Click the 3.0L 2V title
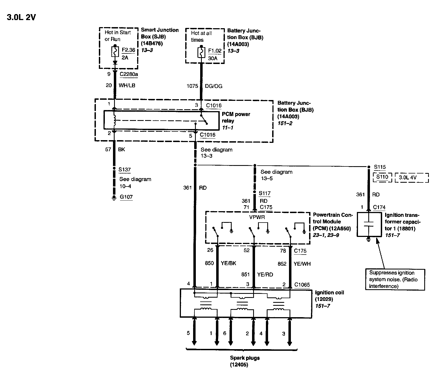(x=21, y=17)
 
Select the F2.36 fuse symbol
(x=115, y=52)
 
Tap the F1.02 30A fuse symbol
(x=201, y=52)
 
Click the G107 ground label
(x=126, y=197)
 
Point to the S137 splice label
(x=125, y=170)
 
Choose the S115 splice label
(x=380, y=167)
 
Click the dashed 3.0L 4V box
(x=411, y=178)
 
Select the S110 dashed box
(x=382, y=177)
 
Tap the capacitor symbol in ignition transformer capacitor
(x=369, y=226)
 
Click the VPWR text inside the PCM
(x=257, y=217)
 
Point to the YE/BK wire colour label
(x=228, y=263)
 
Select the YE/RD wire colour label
(x=265, y=274)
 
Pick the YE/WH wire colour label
(x=302, y=264)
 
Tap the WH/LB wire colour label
(x=127, y=85)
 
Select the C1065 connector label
(x=302, y=285)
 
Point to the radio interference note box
(x=395, y=279)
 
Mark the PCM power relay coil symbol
(x=115, y=120)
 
